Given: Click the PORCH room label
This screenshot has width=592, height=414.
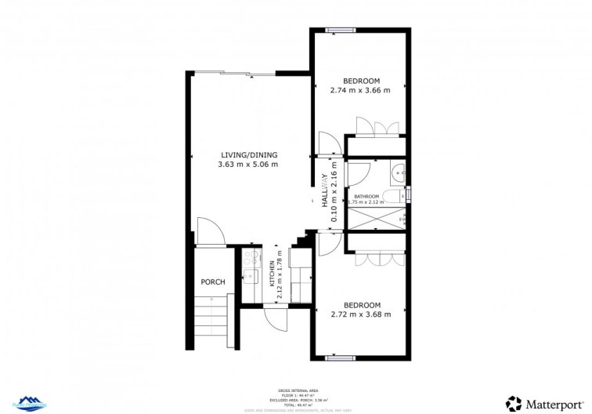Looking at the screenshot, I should tap(213, 282).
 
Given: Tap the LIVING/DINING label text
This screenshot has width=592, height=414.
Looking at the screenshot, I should tap(248, 155).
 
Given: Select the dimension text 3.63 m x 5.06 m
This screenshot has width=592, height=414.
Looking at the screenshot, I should tap(248, 165).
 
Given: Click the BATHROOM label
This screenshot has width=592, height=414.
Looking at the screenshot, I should tap(366, 196).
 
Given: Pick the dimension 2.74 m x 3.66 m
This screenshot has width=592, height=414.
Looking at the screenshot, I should tap(362, 91).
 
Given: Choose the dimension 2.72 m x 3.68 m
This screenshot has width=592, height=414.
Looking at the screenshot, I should tap(362, 314).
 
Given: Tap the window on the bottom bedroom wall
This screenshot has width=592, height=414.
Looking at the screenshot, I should tap(339, 358).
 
